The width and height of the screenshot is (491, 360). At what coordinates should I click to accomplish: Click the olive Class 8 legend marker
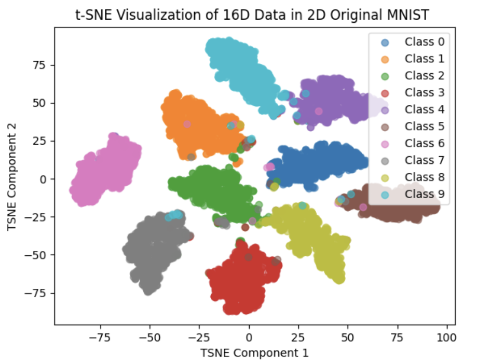385,177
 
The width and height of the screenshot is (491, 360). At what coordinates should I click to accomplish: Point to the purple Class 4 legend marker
385,109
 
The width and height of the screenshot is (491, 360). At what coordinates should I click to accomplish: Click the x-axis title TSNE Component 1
255,353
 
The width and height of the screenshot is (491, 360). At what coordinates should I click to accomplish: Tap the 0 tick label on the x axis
249,336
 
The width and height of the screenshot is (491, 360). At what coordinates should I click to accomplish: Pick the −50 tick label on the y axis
40,255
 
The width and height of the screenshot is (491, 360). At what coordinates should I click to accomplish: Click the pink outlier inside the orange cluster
187,124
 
